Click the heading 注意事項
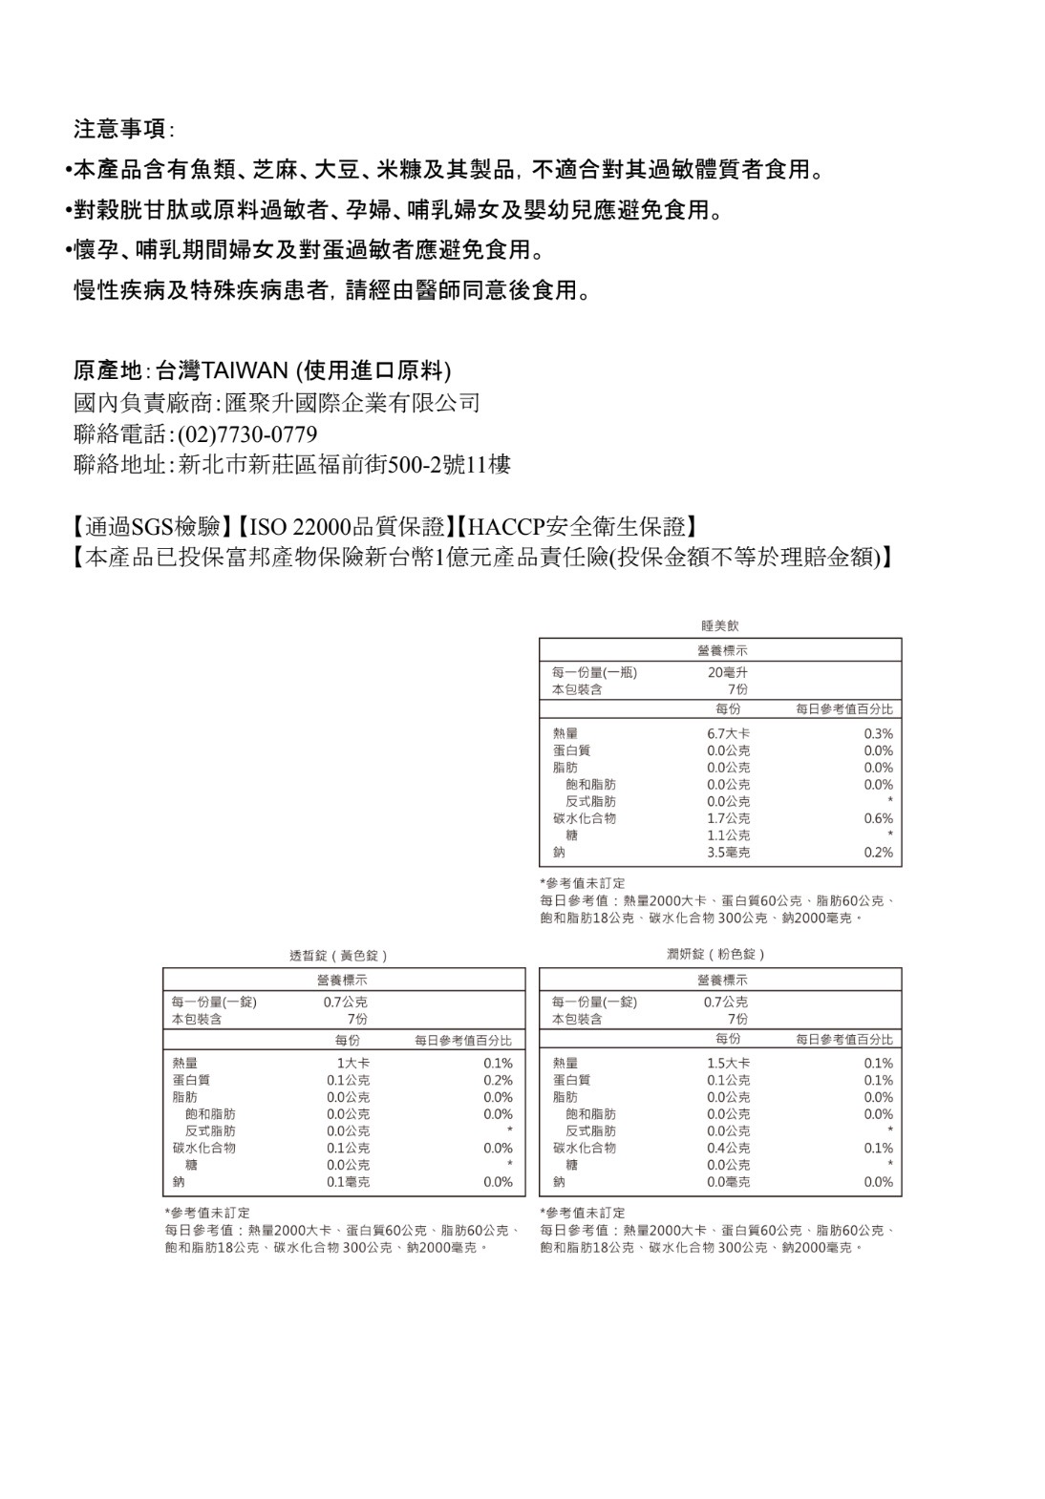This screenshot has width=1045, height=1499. [118, 129]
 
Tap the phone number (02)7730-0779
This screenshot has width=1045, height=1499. [246, 434]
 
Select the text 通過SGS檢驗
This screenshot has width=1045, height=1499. [153, 526]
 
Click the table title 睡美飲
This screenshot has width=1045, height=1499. [719, 626]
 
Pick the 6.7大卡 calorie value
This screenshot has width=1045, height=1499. [728, 733]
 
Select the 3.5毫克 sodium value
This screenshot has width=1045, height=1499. [728, 852]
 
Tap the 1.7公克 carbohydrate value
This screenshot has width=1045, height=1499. [728, 818]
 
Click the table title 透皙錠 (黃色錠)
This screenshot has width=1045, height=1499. [339, 956]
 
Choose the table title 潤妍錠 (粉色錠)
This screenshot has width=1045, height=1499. [716, 955]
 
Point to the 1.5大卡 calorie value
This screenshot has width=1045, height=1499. [728, 1063]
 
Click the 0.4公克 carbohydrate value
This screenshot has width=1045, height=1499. [728, 1148]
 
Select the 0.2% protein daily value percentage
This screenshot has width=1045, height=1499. [498, 1080]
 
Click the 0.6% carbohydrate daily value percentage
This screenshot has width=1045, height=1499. [878, 818]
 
